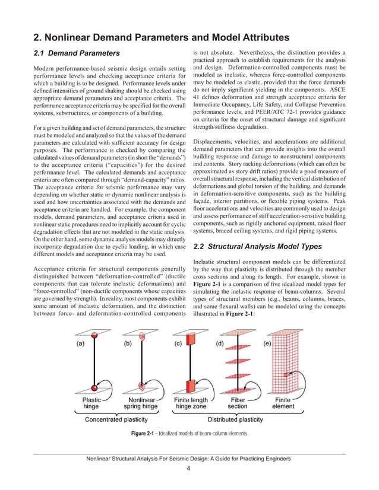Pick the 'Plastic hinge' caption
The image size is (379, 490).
pyautogui.click(x=93, y=403)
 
